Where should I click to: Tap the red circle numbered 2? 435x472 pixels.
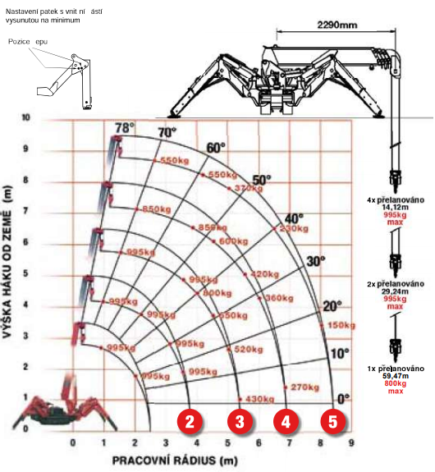tap(190, 422)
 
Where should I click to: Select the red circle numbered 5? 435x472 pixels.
tap(333, 422)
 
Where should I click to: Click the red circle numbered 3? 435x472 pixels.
tap(239, 422)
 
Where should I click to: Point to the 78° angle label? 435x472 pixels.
tap(125, 128)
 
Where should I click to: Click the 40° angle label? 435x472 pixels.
tap(293, 218)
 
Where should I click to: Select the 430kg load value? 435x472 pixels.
tap(259, 399)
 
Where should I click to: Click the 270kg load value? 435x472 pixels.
tap(304, 387)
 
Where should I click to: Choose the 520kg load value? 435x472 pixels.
tap(248, 349)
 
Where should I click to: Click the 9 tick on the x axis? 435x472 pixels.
tap(351, 444)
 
